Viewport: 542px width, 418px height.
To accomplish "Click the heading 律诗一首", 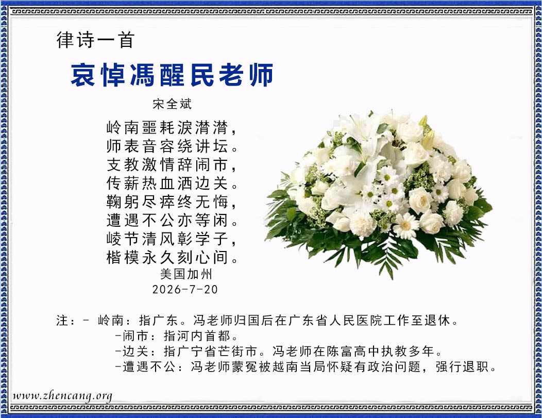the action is [95, 40].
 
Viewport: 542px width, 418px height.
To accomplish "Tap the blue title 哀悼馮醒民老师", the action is [172, 75].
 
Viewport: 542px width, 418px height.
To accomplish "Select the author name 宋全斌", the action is [172, 104].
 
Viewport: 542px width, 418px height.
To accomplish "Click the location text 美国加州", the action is [186, 274].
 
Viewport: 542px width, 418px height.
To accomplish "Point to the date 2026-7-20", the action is [185, 289].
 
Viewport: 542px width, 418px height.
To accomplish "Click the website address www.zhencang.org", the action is [62, 396].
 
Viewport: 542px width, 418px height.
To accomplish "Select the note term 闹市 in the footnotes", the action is [135, 336].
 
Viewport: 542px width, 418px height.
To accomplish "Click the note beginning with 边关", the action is [279, 352].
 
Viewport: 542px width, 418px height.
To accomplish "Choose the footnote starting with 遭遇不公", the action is [306, 366].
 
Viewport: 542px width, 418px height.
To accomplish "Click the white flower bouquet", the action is [379, 194].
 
